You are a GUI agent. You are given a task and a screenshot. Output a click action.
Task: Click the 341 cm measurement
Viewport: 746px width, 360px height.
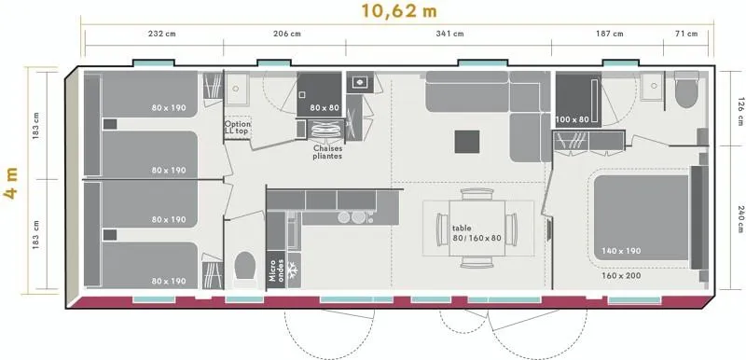point(449,34)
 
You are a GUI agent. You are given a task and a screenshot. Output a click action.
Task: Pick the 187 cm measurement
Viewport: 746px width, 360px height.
point(610,34)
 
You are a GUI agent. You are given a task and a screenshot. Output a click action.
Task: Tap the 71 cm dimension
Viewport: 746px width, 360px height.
point(686,34)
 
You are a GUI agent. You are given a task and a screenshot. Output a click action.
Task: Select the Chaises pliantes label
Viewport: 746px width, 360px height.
point(327,152)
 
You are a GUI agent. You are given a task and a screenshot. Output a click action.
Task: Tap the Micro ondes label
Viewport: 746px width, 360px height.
point(275,270)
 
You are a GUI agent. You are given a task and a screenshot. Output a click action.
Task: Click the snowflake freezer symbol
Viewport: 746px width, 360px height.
point(292,270)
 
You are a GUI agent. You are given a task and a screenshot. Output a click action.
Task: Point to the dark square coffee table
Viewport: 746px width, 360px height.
point(467,142)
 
